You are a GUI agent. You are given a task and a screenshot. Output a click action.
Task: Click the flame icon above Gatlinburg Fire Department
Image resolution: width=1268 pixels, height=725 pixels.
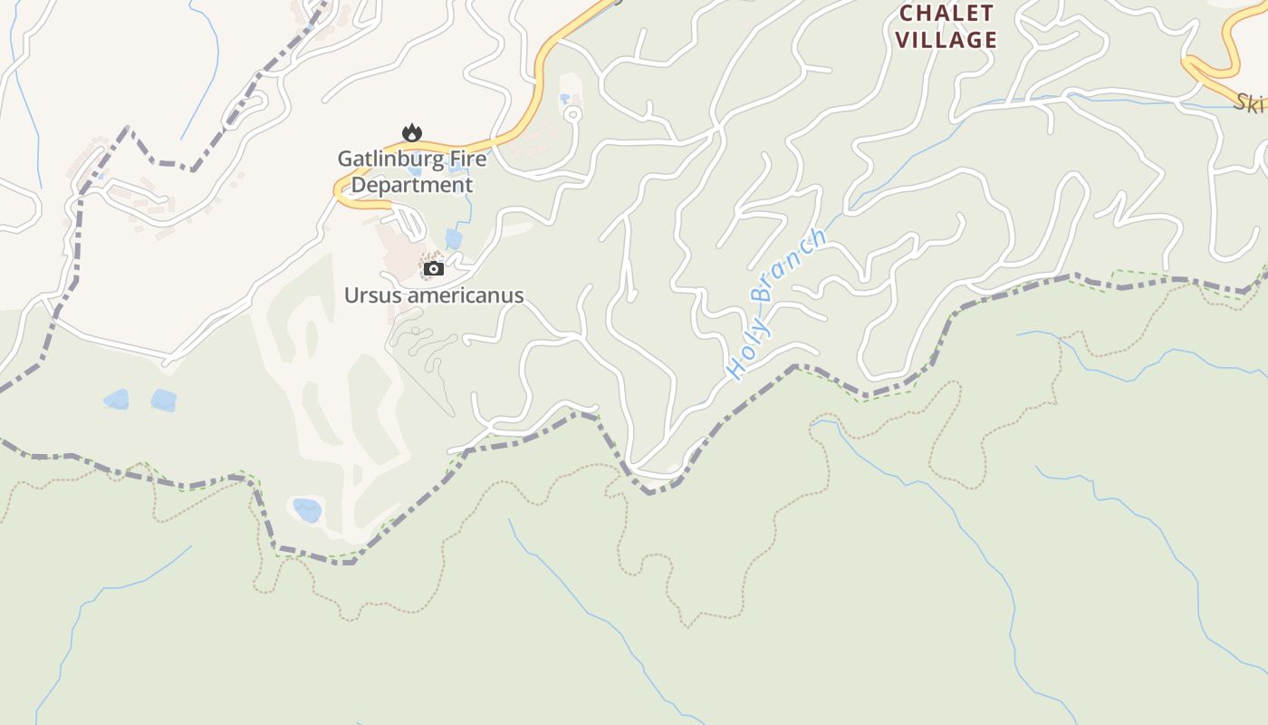coord(412,133)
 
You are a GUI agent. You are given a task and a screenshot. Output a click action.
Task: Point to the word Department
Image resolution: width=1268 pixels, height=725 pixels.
coord(412,185)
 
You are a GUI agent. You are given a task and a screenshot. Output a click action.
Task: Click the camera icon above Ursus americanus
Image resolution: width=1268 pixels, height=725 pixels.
coord(434,268)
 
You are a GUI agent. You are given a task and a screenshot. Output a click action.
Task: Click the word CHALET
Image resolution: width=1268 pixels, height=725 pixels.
coord(946,14)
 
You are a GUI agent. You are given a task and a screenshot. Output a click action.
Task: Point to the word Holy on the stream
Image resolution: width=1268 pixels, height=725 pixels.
coord(748,350)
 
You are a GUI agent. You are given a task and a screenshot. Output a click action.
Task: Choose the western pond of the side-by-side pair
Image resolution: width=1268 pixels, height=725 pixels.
coord(116,400)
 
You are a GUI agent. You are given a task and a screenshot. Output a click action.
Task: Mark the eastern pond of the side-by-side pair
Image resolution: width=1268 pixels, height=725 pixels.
coord(164,401)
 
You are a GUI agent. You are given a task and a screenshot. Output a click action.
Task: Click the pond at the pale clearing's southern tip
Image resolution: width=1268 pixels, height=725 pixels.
coord(307,510)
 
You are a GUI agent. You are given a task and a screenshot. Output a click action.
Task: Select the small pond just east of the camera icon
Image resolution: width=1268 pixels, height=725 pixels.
coord(454,239)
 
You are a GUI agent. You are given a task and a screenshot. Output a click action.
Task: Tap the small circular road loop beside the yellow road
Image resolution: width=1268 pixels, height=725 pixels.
coord(572,115)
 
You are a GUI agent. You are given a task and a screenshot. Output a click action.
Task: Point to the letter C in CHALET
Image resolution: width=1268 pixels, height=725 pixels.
coord(907,14)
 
